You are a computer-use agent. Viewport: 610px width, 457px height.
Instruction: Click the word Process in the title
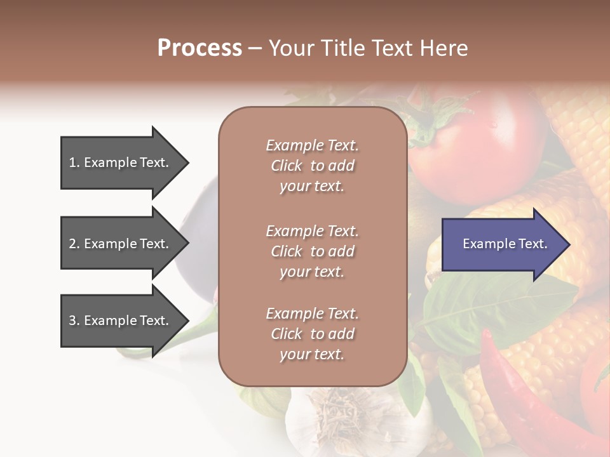[200, 48]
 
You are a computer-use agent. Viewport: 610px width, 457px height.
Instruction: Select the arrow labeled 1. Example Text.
[121, 162]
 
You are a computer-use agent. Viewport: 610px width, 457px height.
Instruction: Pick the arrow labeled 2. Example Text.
[121, 244]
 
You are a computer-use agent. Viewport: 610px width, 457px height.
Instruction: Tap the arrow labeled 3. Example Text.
[121, 321]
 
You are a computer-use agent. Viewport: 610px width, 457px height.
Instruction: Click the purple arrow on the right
[502, 244]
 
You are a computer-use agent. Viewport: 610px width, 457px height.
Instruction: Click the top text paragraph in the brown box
[312, 166]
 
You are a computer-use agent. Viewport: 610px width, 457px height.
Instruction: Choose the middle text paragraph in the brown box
[312, 251]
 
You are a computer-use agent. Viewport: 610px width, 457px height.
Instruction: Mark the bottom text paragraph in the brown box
[312, 334]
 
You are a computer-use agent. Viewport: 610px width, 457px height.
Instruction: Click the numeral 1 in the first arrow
[72, 162]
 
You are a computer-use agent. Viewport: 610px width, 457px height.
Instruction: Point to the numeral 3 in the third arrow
[72, 321]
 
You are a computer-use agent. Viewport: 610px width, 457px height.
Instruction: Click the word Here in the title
[445, 48]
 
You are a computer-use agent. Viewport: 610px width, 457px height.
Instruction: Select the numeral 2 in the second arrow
[72, 244]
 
